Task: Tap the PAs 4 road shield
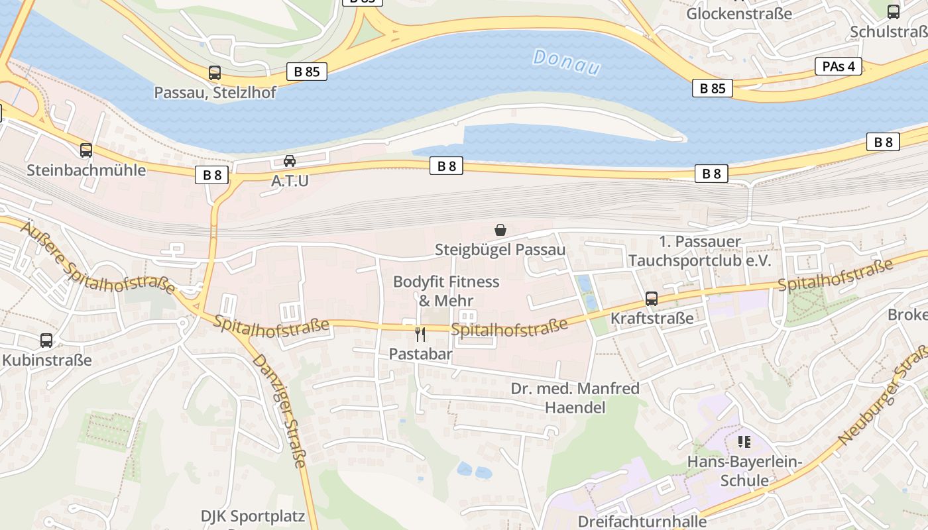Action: (x=838, y=66)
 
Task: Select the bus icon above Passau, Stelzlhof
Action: (x=215, y=73)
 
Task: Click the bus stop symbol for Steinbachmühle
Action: (x=86, y=150)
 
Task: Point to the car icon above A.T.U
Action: (x=290, y=161)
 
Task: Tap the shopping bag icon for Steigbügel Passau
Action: (x=500, y=230)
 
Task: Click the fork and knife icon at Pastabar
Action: (x=420, y=335)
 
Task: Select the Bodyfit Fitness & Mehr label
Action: (x=446, y=291)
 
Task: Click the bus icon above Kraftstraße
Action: (x=652, y=299)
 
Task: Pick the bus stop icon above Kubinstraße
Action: (x=46, y=341)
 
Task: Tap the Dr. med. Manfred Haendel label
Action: (x=575, y=397)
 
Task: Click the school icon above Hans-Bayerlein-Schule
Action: (x=744, y=441)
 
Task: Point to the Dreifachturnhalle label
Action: (x=642, y=521)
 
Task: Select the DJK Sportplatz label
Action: (x=253, y=515)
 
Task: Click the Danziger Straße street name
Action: (x=281, y=411)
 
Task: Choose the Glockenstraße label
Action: (x=739, y=13)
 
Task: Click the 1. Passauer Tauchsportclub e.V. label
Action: (x=700, y=251)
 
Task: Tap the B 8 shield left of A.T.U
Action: (x=212, y=176)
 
